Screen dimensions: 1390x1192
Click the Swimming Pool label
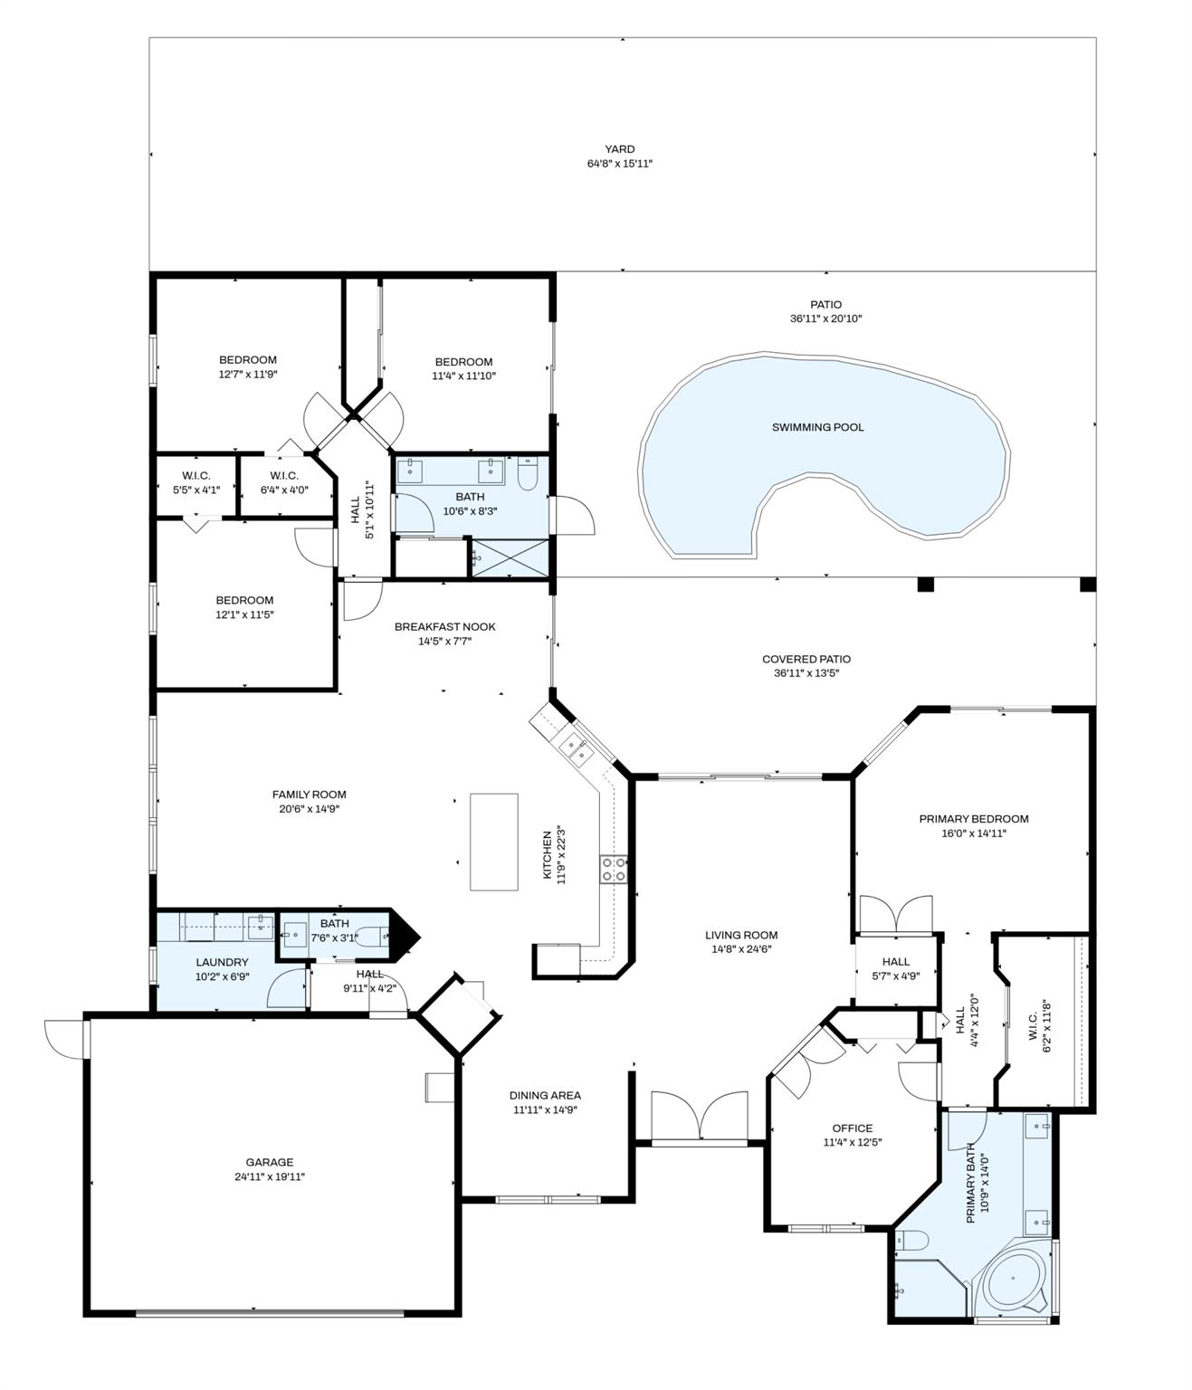pos(817,427)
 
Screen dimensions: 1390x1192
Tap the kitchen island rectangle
pos(493,842)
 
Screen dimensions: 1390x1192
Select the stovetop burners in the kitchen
pos(613,870)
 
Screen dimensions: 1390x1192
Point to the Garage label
pos(270,1162)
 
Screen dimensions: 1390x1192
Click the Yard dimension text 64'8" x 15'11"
pos(620,164)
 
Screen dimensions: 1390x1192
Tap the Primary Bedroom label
pos(974,819)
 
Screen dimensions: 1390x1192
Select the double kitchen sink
pos(576,748)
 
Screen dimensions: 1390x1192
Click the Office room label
pos(853,1128)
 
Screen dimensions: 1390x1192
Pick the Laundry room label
pos(222,962)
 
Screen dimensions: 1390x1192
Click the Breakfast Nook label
pos(444,626)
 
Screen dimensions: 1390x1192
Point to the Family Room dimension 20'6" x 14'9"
pos(310,809)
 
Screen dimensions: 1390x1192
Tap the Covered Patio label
pos(806,659)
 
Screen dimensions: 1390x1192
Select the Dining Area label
pos(545,1095)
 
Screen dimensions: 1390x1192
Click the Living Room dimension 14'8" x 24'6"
pos(741,949)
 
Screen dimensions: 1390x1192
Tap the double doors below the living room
pos(700,1117)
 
